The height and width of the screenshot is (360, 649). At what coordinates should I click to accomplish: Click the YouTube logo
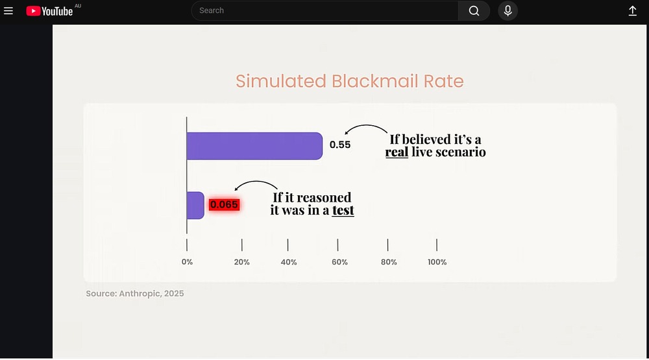[49, 11]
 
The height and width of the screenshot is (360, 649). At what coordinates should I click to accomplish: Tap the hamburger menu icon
[8, 11]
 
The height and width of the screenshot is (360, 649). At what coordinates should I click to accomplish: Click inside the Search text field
[324, 11]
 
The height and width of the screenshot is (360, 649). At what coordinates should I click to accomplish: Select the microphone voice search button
[508, 11]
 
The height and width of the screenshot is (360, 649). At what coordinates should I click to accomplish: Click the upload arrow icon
[632, 11]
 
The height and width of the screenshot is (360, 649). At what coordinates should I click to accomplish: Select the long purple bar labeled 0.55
[254, 146]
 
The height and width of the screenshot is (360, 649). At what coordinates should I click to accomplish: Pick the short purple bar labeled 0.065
[195, 205]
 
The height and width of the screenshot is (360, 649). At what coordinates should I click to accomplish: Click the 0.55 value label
[340, 145]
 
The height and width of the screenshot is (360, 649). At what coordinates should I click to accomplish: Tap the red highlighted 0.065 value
[225, 204]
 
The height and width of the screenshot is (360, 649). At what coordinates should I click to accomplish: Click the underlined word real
[397, 152]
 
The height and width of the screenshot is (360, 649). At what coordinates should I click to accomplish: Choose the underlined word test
[343, 210]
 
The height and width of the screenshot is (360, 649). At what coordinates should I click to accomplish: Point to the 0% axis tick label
[187, 262]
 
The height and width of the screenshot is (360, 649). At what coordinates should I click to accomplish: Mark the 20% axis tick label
[241, 262]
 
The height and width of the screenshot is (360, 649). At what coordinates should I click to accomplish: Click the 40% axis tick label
[289, 262]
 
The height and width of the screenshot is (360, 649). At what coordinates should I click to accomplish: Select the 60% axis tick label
[339, 262]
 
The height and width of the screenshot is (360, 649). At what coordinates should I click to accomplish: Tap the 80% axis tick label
[389, 262]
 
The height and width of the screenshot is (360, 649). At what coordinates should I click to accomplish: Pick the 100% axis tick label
[437, 262]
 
